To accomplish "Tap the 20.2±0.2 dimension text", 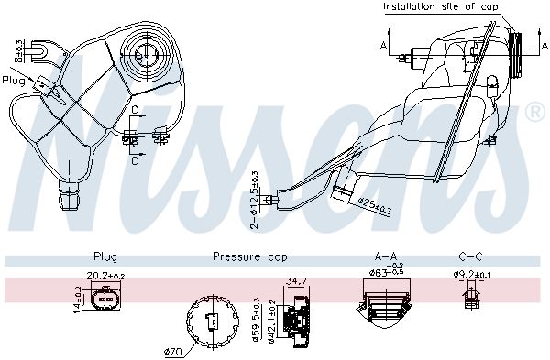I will pos(105,275).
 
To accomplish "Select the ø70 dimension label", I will pos(174,349).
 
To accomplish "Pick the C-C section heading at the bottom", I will pos(471,257).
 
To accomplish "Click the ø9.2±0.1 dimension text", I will pos(471,273).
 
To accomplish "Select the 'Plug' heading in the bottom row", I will pos(105,257).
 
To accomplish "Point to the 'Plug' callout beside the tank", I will pos(14,81).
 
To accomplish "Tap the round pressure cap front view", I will pos(211,321).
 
